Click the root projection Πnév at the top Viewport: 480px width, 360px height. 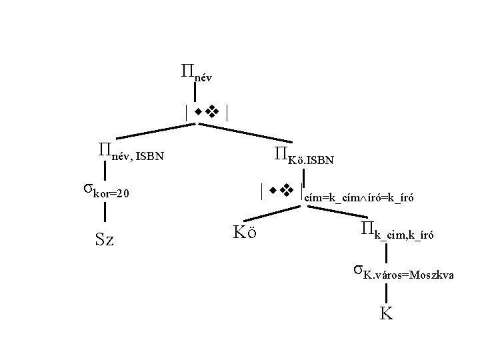(195, 72)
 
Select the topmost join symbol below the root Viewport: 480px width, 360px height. (208, 112)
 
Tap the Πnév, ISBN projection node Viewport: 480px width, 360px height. (131, 155)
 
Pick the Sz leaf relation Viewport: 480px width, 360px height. (105, 239)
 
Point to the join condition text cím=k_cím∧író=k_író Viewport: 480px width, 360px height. (359, 197)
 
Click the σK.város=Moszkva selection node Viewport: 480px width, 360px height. (403, 273)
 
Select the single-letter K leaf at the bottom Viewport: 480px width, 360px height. (385, 313)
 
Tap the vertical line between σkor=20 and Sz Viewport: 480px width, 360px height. (105, 214)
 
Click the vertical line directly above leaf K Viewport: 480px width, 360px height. (385, 293)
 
